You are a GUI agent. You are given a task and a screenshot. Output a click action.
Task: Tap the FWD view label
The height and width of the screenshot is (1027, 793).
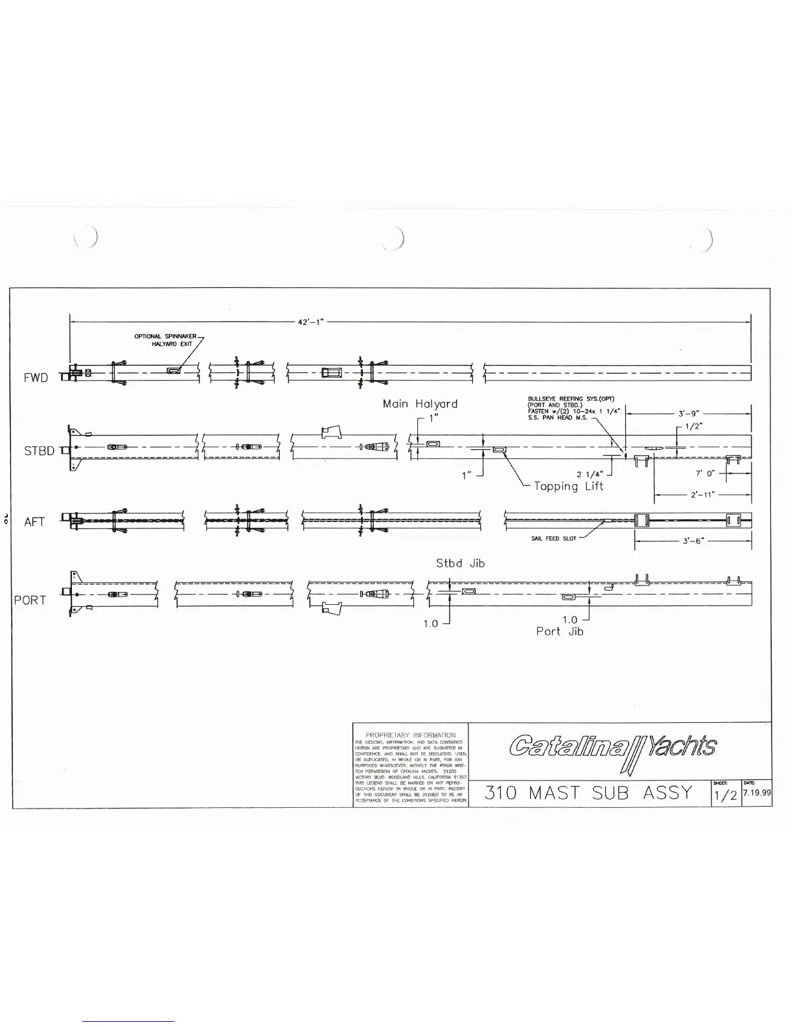tap(36, 378)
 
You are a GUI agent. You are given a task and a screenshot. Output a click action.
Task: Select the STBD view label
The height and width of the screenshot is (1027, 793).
tap(39, 451)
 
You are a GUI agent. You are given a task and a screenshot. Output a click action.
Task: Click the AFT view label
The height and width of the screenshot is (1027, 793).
tap(34, 522)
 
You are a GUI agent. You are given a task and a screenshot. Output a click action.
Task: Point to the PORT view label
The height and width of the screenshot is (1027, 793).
tap(30, 600)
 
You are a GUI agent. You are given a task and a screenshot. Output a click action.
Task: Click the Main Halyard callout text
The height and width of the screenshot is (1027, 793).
tap(420, 404)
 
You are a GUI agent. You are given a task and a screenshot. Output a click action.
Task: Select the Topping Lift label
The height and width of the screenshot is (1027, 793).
tap(568, 486)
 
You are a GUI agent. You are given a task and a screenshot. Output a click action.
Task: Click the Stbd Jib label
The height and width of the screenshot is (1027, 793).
tap(460, 563)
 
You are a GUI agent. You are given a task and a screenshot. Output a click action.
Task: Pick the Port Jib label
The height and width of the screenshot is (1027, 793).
tap(560, 632)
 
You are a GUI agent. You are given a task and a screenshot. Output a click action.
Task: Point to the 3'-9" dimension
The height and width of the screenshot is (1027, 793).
tap(689, 413)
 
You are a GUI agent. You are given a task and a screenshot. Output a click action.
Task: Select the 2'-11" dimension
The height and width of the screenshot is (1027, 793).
tap(703, 495)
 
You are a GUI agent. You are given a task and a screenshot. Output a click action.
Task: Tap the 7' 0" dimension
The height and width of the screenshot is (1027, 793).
tap(704, 474)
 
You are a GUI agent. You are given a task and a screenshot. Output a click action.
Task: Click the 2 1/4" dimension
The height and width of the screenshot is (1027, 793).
tap(590, 474)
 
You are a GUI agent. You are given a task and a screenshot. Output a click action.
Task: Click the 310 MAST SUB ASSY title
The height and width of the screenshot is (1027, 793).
tap(588, 793)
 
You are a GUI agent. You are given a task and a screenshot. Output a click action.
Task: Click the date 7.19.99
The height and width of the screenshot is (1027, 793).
tap(757, 793)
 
